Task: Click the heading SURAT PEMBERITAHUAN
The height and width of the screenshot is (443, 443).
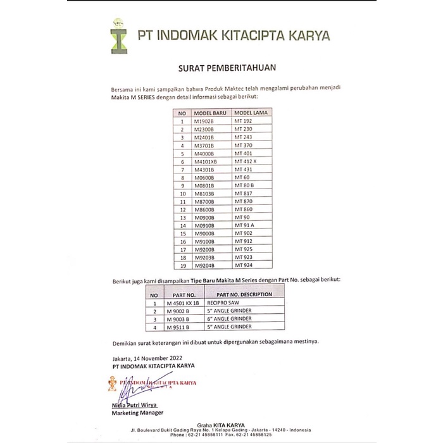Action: coord(222,66)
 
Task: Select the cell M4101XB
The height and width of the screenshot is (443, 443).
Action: coord(206,161)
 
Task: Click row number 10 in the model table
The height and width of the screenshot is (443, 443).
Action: coord(182,194)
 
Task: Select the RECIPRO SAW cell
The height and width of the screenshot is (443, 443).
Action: coord(225,303)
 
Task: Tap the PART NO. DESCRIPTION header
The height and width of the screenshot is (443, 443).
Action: coord(244,294)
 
